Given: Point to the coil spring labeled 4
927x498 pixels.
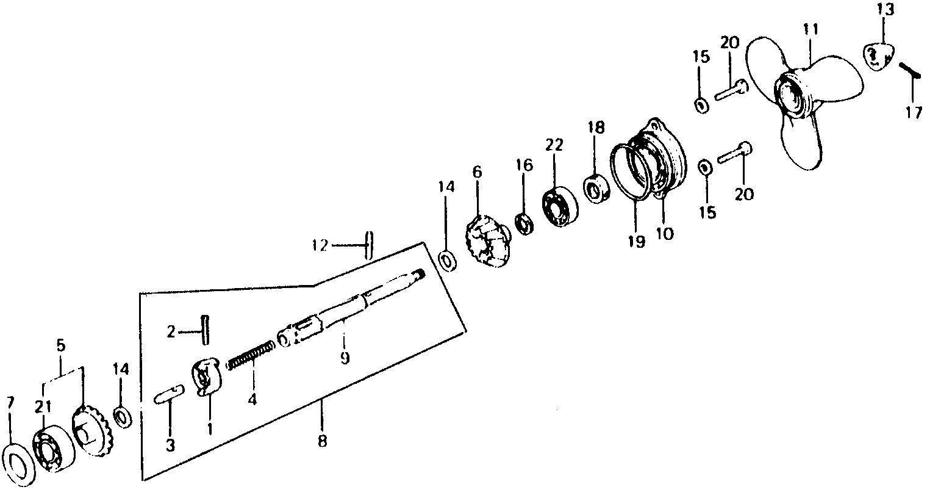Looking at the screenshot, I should pyautogui.click(x=251, y=356).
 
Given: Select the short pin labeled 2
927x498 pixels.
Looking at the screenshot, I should pyautogui.click(x=205, y=330).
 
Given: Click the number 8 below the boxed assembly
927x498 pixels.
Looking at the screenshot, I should pyautogui.click(x=322, y=440).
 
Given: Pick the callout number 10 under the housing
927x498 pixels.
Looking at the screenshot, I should pyautogui.click(x=665, y=233).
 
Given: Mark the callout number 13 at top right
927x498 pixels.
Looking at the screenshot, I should pyautogui.click(x=886, y=10).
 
